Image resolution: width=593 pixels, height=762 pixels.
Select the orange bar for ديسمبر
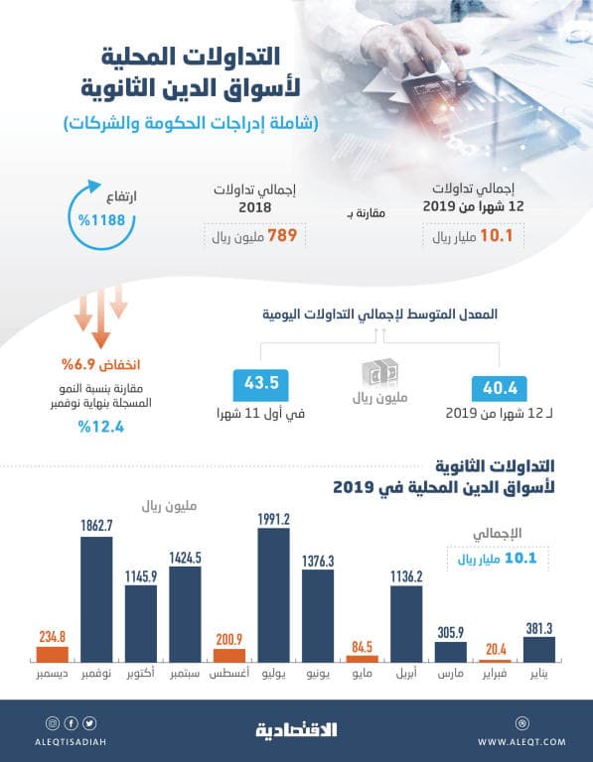(x=53, y=655)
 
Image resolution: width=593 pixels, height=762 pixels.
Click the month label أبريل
(x=407, y=675)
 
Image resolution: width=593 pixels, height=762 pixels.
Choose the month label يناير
(x=539, y=675)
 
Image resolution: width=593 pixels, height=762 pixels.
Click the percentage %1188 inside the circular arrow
(x=99, y=217)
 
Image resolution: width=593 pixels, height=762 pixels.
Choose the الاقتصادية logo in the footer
(x=297, y=730)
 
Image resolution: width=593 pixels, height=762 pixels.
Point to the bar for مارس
(x=451, y=652)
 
